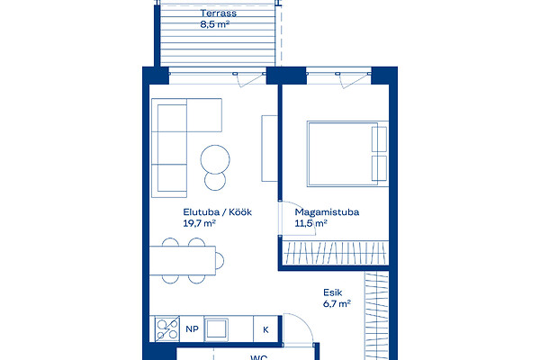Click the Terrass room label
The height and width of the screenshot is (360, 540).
[219, 13]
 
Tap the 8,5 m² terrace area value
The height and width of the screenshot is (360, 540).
[215, 24]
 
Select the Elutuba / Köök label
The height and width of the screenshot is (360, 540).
[217, 211]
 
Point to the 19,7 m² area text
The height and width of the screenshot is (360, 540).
[200, 223]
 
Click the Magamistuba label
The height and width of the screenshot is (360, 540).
[327, 211]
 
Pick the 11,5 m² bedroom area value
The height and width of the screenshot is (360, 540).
[310, 223]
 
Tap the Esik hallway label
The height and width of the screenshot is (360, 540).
[333, 292]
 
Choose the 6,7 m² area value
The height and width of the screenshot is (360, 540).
[337, 304]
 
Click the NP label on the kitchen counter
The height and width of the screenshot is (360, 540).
[193, 329]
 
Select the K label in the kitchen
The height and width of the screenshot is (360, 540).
[265, 329]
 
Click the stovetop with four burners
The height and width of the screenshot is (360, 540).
[167, 329]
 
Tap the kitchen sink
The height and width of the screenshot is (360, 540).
[216, 329]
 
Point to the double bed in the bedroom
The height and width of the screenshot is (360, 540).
[347, 154]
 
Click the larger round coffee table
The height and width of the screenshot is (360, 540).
[215, 159]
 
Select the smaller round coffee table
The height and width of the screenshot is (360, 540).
[215, 181]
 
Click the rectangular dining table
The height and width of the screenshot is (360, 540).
[183, 260]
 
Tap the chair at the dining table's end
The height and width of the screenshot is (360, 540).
[220, 260]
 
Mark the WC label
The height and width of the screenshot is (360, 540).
[258, 357]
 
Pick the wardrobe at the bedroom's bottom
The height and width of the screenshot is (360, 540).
[335, 253]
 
